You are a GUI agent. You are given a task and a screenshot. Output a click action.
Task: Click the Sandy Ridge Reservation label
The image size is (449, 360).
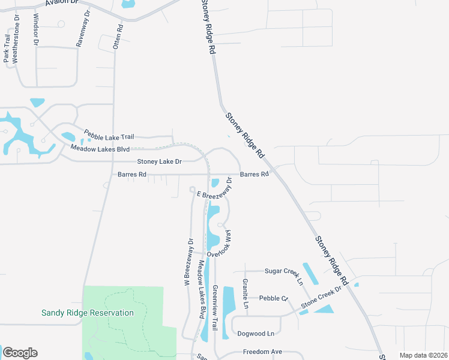(88, 313)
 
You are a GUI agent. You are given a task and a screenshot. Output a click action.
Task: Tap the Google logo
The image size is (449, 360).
(20, 353)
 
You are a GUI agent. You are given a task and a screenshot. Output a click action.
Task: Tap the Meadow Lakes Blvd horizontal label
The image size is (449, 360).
(100, 148)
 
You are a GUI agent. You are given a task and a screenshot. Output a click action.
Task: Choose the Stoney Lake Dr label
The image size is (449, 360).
(159, 161)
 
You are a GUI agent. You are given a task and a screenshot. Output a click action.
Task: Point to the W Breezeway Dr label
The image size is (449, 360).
(190, 262)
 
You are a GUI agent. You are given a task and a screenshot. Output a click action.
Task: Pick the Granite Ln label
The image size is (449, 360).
(246, 293)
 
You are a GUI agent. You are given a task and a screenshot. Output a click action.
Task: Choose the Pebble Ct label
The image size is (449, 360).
(274, 298)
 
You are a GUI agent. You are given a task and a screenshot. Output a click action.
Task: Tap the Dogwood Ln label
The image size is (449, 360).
(256, 334)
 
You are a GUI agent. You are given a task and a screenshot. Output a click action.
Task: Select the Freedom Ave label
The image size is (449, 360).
(262, 352)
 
